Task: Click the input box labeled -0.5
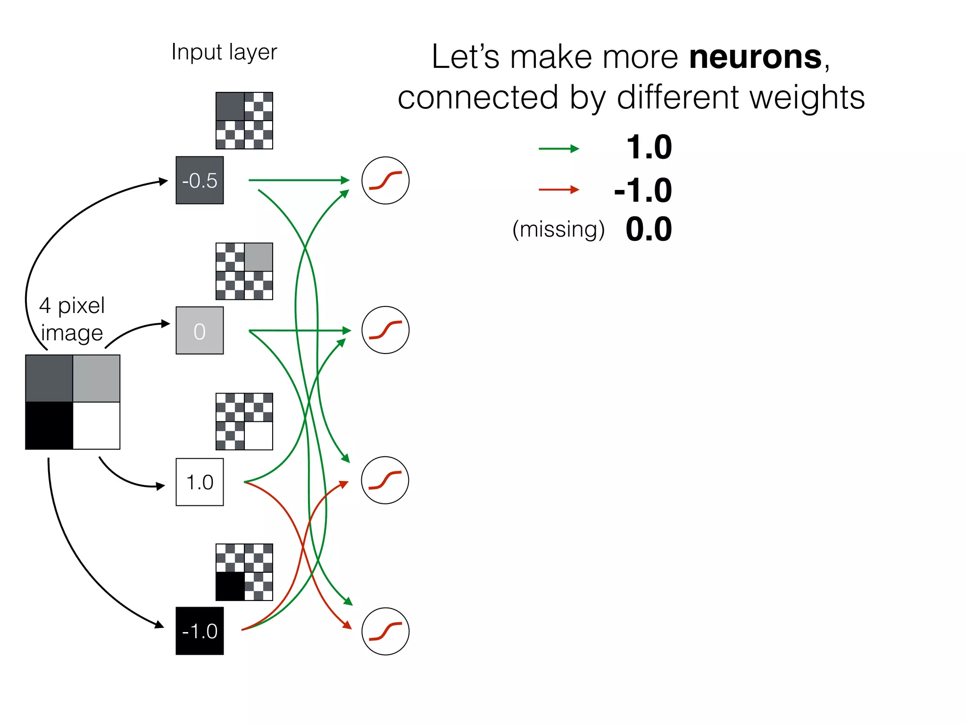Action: pos(200,180)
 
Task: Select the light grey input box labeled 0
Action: pos(200,330)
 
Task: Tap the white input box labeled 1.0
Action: pos(200,482)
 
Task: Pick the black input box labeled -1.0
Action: pos(200,631)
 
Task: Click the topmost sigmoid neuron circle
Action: pos(385,180)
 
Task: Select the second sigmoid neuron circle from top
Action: pos(385,330)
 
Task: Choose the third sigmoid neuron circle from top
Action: pos(385,480)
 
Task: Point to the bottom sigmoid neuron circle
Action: pos(385,631)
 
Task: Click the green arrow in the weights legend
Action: pos(558,148)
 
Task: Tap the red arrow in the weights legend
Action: pos(558,189)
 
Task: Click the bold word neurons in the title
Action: pos(756,57)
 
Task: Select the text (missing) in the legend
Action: pos(558,230)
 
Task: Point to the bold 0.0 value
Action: pos(649,230)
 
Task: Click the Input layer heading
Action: pos(224,52)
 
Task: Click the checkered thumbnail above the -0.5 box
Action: pos(244,121)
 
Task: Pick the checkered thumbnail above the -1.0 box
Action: pos(244,572)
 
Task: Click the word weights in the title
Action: pos(807,97)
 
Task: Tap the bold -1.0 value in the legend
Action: pos(643,190)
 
